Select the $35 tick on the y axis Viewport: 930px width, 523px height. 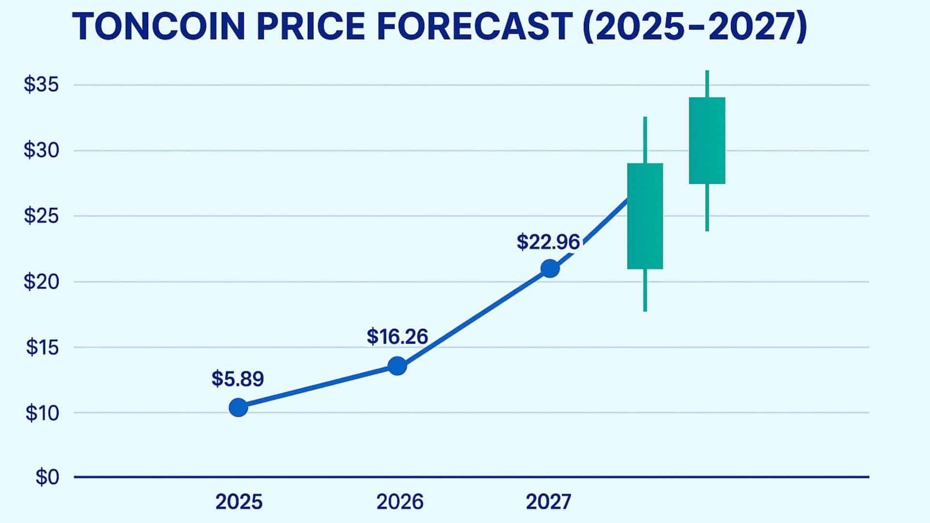point(41,85)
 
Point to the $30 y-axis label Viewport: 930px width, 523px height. point(41,151)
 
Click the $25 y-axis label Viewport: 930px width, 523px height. point(41,216)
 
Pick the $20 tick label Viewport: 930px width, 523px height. point(41,281)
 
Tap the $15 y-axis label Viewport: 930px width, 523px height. point(42,347)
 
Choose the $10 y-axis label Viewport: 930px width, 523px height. point(42,413)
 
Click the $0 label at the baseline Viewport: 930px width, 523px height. point(47,477)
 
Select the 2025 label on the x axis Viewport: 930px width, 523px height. point(239,502)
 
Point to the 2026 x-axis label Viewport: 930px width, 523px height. point(400,502)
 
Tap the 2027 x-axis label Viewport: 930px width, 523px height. point(548,502)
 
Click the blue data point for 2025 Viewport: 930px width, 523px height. point(238,408)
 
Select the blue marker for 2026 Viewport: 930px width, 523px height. point(397,366)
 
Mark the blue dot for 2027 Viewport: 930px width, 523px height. point(550,268)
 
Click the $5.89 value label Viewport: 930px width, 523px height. point(237,379)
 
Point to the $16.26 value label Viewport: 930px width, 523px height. point(397,337)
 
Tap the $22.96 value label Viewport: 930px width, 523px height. point(548,242)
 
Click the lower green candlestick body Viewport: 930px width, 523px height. point(645,216)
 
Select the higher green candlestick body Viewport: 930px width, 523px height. point(707,140)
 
